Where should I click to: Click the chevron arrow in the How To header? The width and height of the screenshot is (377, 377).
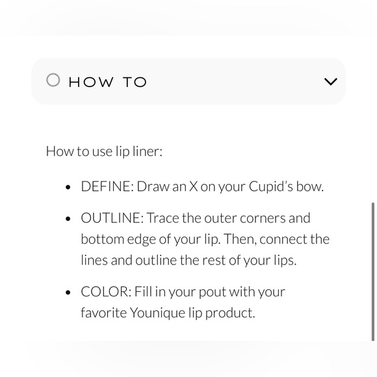tap(331, 81)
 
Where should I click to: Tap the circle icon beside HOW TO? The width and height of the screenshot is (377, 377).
tap(53, 80)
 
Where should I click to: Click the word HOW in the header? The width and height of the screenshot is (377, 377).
tap(91, 82)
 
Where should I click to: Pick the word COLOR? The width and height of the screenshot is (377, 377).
tap(106, 292)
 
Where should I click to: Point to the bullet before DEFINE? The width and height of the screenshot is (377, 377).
tap(68, 187)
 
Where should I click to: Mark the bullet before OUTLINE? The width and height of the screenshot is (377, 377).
tap(68, 219)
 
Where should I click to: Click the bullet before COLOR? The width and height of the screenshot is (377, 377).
tap(68, 292)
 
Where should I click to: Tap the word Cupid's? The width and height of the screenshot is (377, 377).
tap(271, 187)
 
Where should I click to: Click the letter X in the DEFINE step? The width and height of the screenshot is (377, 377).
tap(193, 187)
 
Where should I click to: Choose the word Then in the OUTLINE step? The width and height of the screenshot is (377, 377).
tap(240, 239)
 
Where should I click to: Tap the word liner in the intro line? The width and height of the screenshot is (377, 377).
tap(148, 151)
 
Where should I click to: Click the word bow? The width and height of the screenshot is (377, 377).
tap(309, 187)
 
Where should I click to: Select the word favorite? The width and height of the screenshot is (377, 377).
tap(103, 313)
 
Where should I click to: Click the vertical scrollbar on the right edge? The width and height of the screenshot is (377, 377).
tap(373, 272)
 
